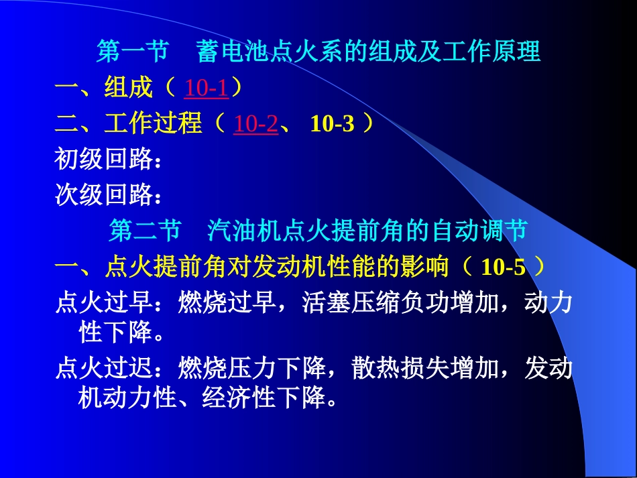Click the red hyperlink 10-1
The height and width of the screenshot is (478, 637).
(206, 88)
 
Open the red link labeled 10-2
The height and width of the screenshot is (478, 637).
(255, 124)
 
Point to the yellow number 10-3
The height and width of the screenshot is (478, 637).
(332, 124)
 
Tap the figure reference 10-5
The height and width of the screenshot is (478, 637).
(504, 267)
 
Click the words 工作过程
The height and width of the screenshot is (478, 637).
(153, 124)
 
